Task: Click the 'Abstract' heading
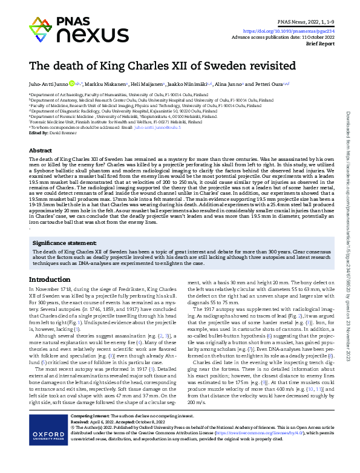[41, 150]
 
